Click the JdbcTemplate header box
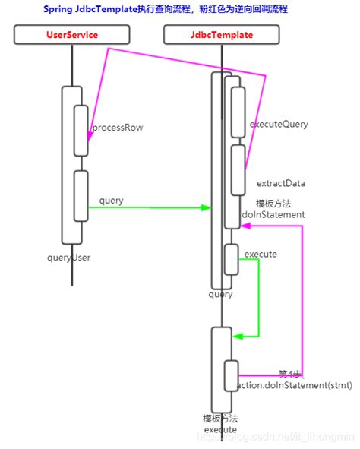pyautogui.click(x=221, y=35)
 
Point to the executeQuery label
pyautogui.click(x=279, y=124)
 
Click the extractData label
pyautogui.click(x=281, y=183)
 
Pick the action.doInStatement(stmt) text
pyautogui.click(x=295, y=386)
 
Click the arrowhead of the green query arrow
pyautogui.click(x=207, y=207)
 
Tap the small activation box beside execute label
pyautogui.click(x=232, y=260)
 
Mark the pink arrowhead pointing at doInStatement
pyautogui.click(x=245, y=225)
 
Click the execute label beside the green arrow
pyautogui.click(x=261, y=253)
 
